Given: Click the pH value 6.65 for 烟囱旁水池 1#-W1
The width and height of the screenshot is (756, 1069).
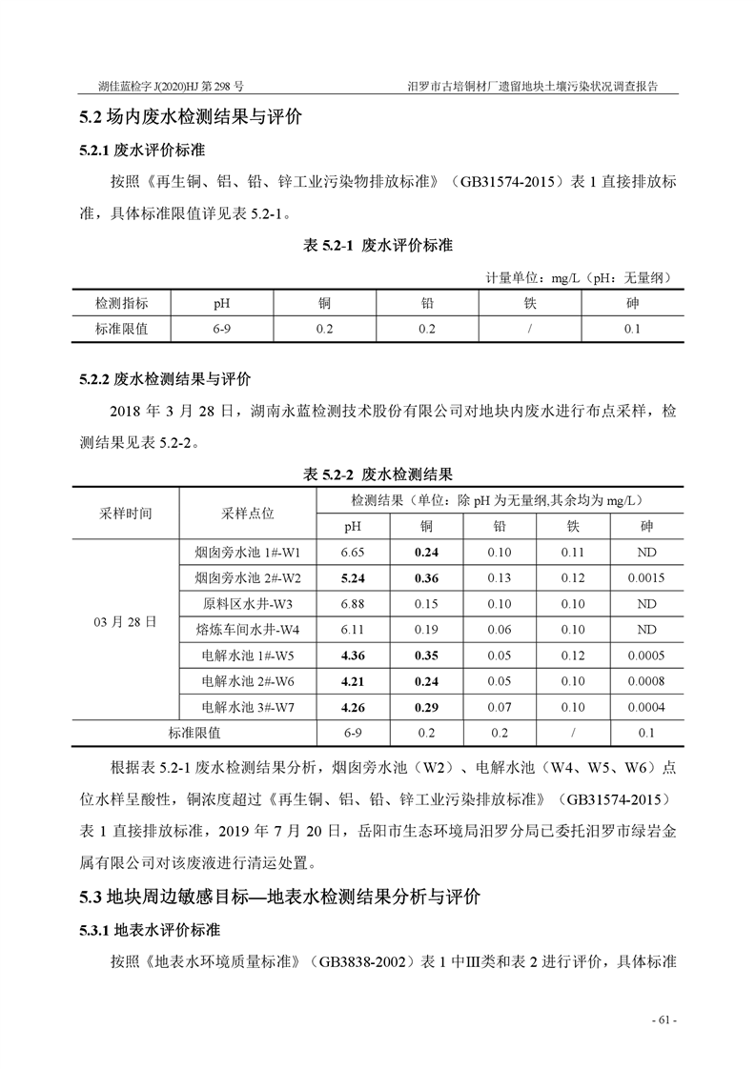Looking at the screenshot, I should [353, 552].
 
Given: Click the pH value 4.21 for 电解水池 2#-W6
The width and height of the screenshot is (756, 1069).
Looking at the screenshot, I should [353, 681].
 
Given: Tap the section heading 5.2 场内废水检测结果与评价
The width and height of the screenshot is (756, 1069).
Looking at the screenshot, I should [191, 119].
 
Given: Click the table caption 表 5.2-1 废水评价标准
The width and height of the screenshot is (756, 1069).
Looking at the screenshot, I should [378, 245].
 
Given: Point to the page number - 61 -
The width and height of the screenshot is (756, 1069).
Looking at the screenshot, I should [664, 1020].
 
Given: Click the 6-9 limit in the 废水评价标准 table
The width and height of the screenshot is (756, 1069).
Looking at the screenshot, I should [222, 329].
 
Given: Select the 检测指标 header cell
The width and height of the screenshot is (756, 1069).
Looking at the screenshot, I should [121, 303].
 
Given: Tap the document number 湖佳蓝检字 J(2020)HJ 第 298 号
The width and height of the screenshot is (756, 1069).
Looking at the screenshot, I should [172, 86].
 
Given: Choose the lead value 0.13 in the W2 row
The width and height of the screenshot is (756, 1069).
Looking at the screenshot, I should [499, 577].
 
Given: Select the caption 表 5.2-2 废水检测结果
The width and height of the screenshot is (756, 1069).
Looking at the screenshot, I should [378, 474].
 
